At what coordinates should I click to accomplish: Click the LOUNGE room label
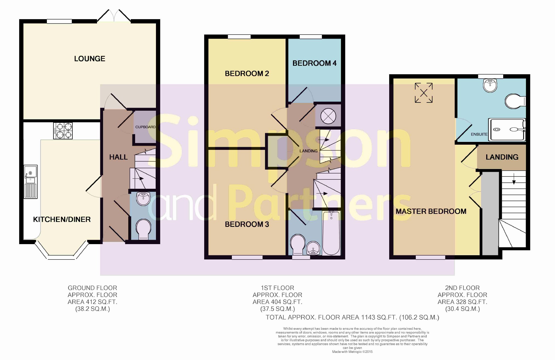coord(90,59)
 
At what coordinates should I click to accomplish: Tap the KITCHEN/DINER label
coord(62,219)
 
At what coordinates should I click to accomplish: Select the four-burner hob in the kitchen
coord(63,131)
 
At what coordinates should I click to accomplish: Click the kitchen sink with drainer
coord(30,182)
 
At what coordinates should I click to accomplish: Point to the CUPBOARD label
coord(146,127)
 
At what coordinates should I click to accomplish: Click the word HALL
coord(118,157)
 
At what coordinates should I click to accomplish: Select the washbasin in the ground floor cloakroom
coord(143,199)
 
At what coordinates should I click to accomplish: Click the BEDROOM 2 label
coord(247,73)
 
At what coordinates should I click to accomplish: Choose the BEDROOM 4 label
coord(314,63)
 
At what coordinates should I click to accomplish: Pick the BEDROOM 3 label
coord(247,224)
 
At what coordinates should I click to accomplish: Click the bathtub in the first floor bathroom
coord(331,233)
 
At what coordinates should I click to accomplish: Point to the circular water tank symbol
coord(328,116)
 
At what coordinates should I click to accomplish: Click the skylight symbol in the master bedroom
coord(424,93)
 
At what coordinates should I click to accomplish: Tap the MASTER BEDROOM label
coord(431,212)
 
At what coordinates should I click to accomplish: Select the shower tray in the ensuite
coord(507,129)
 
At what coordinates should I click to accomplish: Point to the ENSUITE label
coord(479,134)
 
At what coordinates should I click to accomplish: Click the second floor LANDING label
coord(502,157)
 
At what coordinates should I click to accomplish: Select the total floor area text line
coord(352,318)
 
